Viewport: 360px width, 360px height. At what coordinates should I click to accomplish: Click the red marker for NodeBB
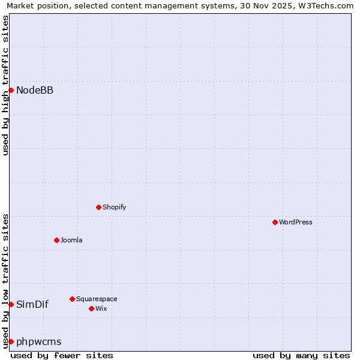pos(11,90)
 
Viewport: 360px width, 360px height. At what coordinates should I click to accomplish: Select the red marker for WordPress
pos(275,222)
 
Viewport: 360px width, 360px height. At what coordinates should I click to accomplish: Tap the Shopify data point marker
pos(98,207)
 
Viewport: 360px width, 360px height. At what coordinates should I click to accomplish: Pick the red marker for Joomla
pos(56,240)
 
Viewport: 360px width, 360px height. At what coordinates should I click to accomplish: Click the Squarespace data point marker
pos(72,299)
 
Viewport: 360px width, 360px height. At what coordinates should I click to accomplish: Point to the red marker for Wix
pos(91,308)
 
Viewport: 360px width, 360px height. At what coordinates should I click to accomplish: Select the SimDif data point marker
pos(11,304)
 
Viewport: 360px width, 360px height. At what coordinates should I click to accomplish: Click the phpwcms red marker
pos(11,341)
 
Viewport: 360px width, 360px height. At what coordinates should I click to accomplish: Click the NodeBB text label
pos(35,91)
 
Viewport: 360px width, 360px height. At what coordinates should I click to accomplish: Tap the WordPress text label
pos(296,222)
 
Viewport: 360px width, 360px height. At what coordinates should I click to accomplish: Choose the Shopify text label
pos(114,207)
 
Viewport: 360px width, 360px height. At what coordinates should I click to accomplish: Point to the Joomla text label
pos(71,240)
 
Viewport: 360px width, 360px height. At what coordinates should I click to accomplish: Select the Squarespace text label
pos(97,299)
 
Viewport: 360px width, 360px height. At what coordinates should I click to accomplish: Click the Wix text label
pos(101,308)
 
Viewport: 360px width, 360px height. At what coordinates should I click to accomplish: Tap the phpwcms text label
pos(38,341)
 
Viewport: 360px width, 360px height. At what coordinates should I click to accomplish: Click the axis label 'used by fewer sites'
pos(62,355)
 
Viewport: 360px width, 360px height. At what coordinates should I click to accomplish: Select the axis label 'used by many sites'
pos(301,355)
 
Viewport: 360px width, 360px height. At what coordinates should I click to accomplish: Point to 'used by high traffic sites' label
pos(5,85)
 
